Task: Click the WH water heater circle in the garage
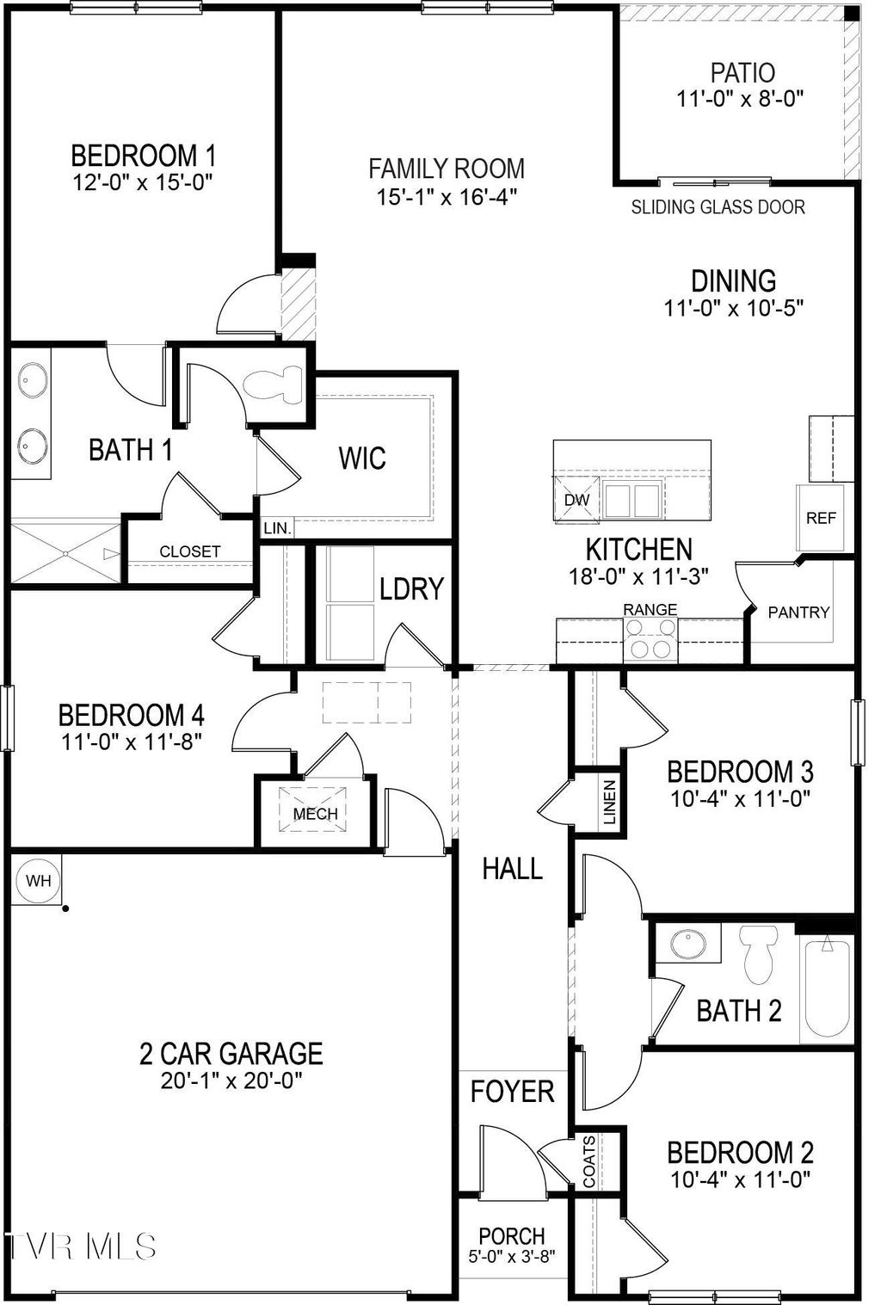38,880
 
